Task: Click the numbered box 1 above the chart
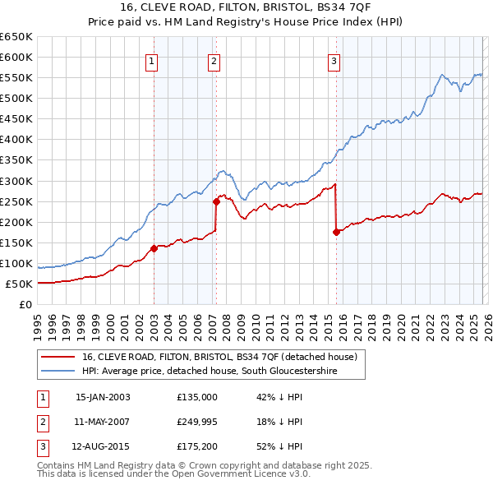click(x=153, y=60)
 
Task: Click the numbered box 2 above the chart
click(x=214, y=60)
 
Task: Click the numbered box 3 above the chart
click(x=334, y=60)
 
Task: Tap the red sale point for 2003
click(x=154, y=248)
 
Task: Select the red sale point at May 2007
click(x=216, y=201)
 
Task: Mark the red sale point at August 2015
click(x=336, y=232)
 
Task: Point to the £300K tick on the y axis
click(x=16, y=181)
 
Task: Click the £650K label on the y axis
click(x=16, y=37)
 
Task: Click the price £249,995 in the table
click(x=197, y=422)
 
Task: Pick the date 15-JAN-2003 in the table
click(x=103, y=397)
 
